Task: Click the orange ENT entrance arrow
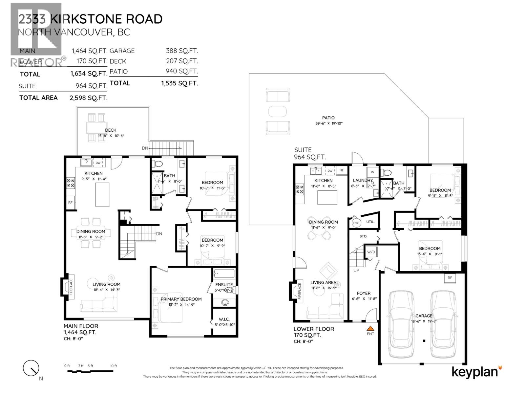[x=370, y=328]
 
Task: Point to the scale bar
[x=90, y=371]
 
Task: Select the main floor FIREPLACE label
[x=71, y=287]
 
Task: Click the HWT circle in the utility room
[x=356, y=223]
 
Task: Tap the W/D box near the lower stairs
[x=371, y=252]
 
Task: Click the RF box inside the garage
[x=450, y=278]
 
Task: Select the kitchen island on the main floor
[x=102, y=195]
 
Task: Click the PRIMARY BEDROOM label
[x=181, y=299]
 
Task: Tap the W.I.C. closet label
[x=224, y=319]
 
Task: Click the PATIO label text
[x=328, y=118]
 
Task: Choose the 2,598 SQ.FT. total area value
[x=89, y=98]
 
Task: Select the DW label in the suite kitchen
[x=330, y=171]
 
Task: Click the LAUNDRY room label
[x=363, y=180]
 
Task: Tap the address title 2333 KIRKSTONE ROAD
[x=90, y=19]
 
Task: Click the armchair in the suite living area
[x=328, y=271]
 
